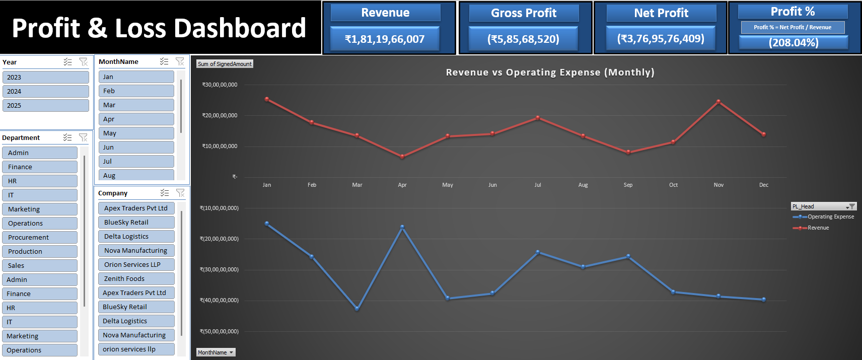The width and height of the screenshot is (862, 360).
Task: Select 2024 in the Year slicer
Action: coord(45,91)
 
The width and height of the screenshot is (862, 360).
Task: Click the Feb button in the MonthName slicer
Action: coord(136,91)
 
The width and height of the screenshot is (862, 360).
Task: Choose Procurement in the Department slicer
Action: coord(40,237)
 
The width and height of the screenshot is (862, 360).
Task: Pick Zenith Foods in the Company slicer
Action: coord(136,278)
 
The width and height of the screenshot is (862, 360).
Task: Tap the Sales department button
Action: coord(40,265)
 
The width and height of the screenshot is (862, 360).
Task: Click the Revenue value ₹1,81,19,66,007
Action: coord(385,39)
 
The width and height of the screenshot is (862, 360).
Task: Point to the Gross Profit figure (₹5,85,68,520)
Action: coord(523,39)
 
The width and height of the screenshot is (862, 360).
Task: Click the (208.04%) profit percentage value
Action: coord(793,42)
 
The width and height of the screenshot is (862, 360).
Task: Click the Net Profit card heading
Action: coord(661,13)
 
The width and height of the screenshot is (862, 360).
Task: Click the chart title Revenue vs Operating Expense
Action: coord(550,72)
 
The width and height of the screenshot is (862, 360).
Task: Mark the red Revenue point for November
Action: coord(719,102)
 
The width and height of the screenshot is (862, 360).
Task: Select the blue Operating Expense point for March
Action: coord(357,309)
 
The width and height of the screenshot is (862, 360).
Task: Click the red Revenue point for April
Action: coord(402,157)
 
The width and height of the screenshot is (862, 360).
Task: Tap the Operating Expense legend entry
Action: coord(830,217)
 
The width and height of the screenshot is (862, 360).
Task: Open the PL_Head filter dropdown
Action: coord(850,206)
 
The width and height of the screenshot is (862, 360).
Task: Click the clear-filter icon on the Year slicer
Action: coord(84,62)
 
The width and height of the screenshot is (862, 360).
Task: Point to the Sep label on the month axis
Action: coord(628,185)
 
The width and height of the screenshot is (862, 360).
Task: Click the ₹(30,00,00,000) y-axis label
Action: coord(220,269)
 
